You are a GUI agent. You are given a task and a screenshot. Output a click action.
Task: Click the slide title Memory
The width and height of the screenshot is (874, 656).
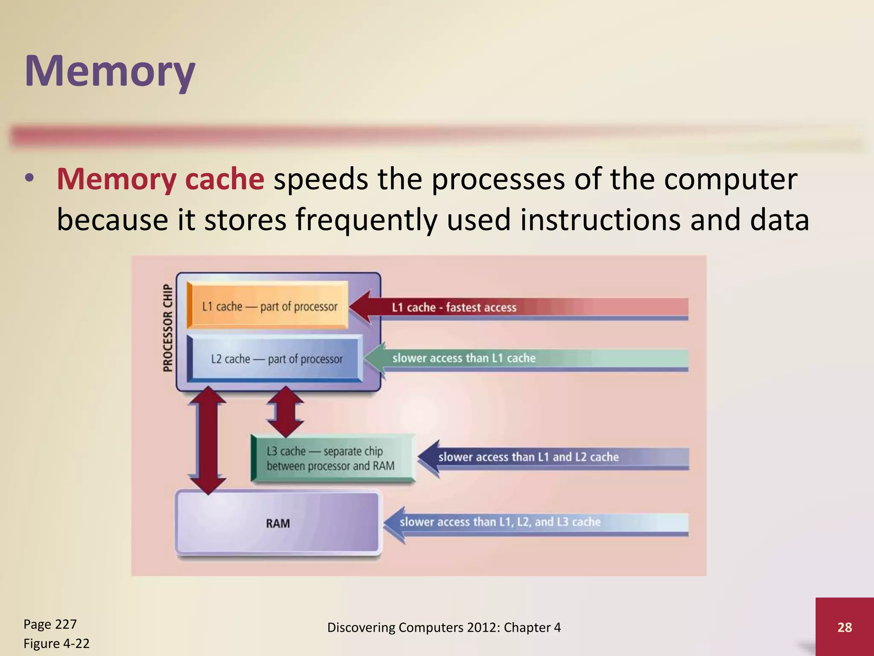[110, 71]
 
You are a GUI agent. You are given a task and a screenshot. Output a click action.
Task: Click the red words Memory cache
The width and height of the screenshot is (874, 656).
[160, 179]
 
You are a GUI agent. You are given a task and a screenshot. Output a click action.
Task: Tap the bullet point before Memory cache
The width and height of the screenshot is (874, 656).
[29, 179]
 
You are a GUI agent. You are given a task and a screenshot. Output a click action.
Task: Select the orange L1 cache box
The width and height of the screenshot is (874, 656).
[268, 306]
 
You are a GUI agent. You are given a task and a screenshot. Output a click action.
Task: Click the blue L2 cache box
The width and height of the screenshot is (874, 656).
[276, 359]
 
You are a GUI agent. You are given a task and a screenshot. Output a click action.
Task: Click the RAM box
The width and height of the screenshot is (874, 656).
[277, 523]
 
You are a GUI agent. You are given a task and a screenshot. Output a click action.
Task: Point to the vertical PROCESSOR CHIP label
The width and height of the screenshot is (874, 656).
[168, 328]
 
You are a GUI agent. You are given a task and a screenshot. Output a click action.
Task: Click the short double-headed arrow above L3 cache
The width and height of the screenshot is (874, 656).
[285, 411]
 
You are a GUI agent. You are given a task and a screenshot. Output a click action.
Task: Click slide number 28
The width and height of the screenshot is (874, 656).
[844, 627]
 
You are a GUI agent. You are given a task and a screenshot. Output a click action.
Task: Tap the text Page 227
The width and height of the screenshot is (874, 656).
[50, 624]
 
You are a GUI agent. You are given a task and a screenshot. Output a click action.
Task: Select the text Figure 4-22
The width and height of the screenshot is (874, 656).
[56, 643]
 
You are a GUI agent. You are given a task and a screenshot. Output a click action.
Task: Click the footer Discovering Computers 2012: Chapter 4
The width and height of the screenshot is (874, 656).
[444, 627]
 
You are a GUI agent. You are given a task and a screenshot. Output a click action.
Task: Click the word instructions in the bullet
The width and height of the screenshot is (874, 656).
[600, 220]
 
